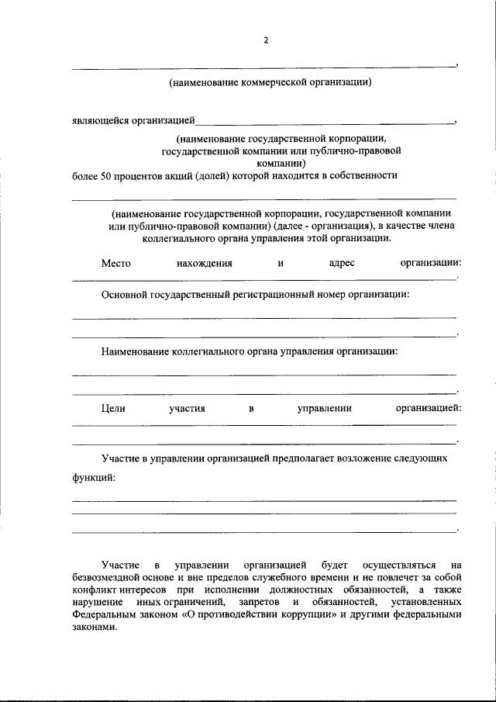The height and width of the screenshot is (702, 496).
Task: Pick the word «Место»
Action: [115, 263]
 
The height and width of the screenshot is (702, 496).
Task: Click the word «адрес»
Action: [342, 263]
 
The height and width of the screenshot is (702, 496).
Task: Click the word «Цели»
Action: [113, 408]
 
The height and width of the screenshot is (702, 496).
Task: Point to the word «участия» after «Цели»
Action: [187, 408]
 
